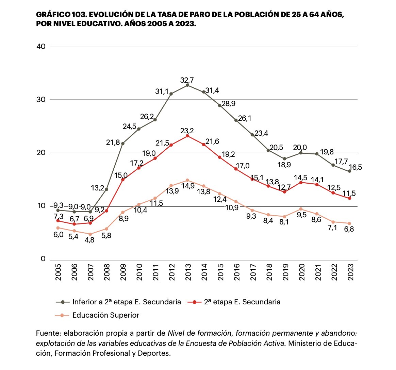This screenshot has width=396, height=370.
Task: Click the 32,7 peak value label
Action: click(x=187, y=80)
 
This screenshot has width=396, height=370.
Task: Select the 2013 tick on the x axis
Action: click(x=188, y=272)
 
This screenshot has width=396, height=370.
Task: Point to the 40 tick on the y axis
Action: click(x=41, y=47)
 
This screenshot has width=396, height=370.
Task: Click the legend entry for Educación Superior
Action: click(x=105, y=315)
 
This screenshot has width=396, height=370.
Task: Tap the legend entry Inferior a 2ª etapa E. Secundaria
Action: click(x=127, y=302)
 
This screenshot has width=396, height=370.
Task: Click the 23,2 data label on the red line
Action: click(x=187, y=131)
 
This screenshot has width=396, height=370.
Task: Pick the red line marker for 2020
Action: click(x=301, y=182)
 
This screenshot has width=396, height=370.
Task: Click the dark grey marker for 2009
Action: click(x=123, y=144)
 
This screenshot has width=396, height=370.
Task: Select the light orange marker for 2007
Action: click(x=90, y=234)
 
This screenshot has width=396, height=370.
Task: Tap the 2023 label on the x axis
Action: click(x=350, y=272)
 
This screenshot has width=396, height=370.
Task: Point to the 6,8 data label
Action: click(x=350, y=229)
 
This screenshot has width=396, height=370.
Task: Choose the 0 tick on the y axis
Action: click(x=43, y=259)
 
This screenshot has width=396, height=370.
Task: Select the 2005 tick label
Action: click(x=58, y=272)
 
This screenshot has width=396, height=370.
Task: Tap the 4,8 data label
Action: click(x=90, y=240)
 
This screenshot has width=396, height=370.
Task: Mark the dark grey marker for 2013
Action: click(x=187, y=85)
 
